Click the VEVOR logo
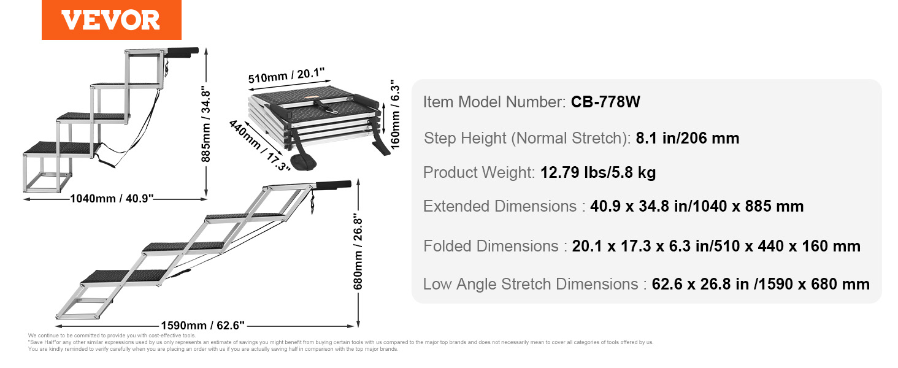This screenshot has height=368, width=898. coord(111,20)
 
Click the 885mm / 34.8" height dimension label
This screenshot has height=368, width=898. coord(205,124)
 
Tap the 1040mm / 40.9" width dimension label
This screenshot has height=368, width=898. coord(112,199)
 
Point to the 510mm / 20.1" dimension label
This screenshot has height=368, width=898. coord(286,75)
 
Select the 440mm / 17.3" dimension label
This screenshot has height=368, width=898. coord(259,145)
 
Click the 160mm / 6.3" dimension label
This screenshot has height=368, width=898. coord(395,114)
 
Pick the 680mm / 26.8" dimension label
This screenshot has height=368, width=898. coord(358,251)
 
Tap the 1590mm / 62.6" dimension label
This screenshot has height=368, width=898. coord(203,325)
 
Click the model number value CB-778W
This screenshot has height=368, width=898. coord(605,102)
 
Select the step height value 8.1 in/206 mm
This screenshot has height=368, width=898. coord(688,138)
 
